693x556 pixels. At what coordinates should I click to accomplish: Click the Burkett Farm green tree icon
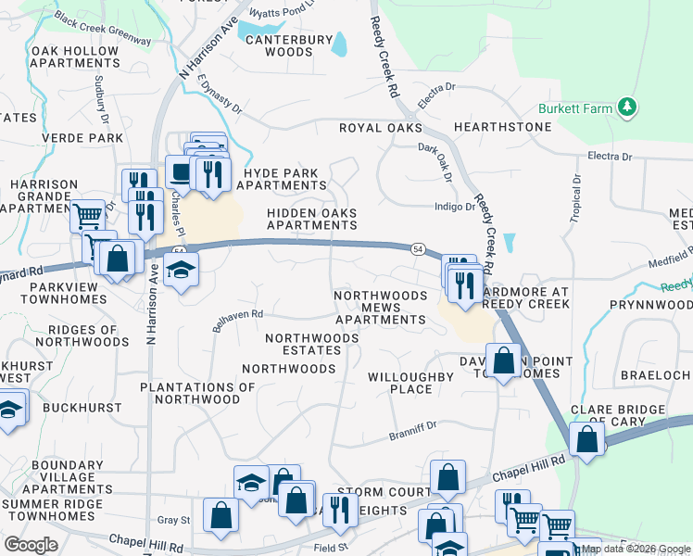tap(628, 108)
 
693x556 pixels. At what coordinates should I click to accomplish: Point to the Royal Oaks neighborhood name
tap(380, 128)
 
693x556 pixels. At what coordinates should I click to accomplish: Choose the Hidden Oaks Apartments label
tap(311, 219)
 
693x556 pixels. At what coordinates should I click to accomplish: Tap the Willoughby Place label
tap(410, 383)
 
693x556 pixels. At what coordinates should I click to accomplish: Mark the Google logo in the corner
tap(31, 545)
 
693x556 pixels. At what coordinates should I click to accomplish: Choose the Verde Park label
tap(82, 138)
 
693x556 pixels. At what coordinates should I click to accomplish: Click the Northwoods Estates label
tap(311, 345)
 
